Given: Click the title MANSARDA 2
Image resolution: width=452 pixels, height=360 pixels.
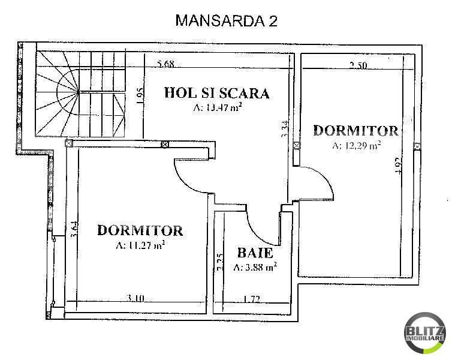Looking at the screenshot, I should (x=226, y=20).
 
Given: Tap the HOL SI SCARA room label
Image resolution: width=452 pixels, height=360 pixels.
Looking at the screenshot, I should (x=216, y=93).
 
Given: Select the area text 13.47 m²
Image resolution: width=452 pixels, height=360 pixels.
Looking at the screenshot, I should (x=216, y=108).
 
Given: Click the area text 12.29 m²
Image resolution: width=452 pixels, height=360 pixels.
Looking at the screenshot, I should (x=357, y=145).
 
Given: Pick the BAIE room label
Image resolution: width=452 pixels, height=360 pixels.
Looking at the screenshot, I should (x=255, y=253).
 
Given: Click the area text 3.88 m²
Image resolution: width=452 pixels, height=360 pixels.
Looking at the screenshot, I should (x=255, y=268).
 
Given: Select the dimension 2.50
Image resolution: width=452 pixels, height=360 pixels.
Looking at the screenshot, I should (x=358, y=66).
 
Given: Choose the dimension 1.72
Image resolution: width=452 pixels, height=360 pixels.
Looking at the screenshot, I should (x=252, y=298).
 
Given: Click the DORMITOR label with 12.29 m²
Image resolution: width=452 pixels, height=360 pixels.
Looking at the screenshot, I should (x=355, y=131).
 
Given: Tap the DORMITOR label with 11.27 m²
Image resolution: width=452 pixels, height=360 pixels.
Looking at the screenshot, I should (x=140, y=230).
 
